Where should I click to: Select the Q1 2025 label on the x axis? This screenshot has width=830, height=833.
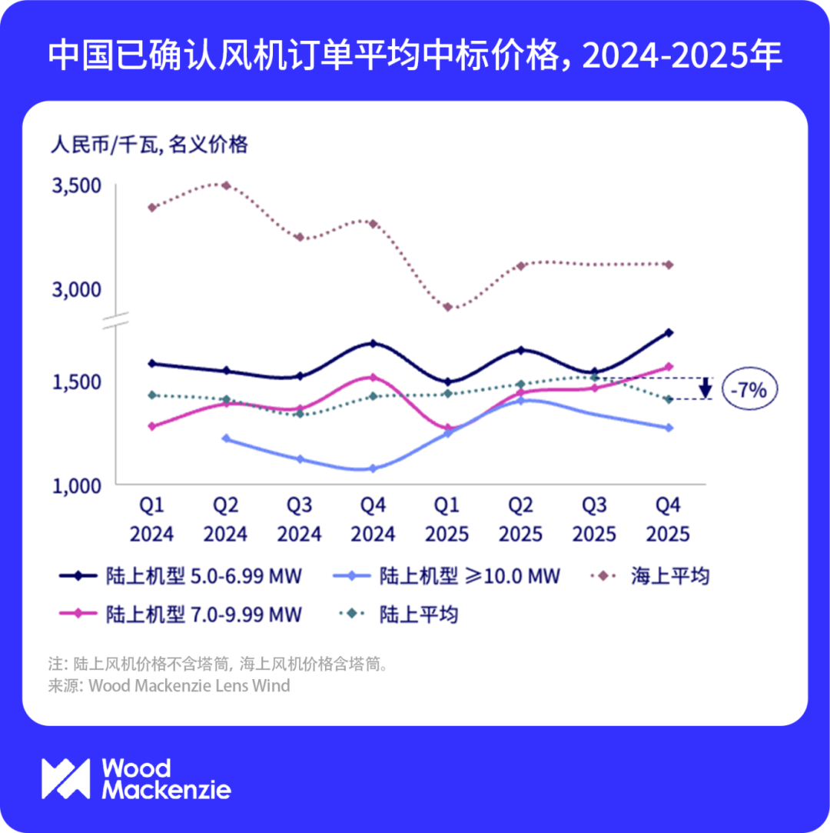point(447,519)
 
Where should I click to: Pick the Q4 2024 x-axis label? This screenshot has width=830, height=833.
point(373,519)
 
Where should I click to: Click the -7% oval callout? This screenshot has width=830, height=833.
point(749,390)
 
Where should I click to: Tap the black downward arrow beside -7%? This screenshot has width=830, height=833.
point(705,388)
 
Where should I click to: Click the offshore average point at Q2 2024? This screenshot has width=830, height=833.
point(225,185)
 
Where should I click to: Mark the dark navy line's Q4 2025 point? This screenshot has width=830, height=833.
point(669,332)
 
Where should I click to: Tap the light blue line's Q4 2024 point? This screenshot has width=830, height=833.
point(373,468)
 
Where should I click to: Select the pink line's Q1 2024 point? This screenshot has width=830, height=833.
point(151,426)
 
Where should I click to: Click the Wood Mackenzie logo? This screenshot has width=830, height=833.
point(136,778)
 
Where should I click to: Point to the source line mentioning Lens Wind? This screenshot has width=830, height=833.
point(169,685)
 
